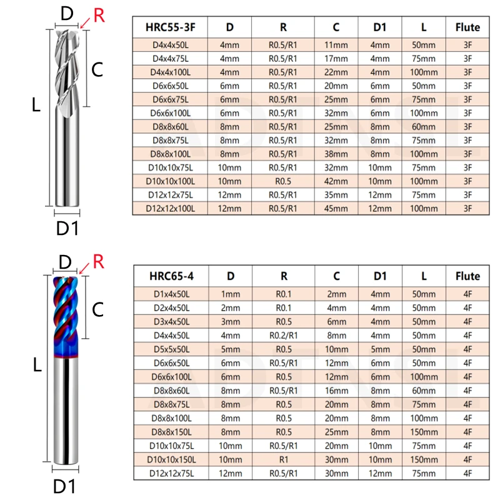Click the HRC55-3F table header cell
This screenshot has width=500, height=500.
(170, 27)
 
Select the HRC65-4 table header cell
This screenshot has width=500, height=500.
(170, 276)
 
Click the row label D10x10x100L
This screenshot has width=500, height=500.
(170, 181)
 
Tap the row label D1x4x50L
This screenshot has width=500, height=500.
(170, 294)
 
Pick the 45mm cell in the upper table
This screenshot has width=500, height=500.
(336, 208)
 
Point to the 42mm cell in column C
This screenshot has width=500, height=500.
(336, 181)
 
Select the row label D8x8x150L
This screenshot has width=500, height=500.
(170, 431)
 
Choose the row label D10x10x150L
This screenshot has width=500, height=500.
(170, 459)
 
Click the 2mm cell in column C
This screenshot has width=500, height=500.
(336, 294)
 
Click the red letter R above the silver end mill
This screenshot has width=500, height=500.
(99, 16)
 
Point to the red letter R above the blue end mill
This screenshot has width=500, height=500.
(98, 261)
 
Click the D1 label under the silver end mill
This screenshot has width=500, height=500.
(67, 229)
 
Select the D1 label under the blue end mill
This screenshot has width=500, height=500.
(67, 485)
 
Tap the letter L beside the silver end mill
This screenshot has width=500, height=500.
(36, 106)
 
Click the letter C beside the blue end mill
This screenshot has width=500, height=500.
(98, 308)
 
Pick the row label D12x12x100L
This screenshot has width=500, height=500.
(170, 208)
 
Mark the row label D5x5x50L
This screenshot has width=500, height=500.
(170, 349)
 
